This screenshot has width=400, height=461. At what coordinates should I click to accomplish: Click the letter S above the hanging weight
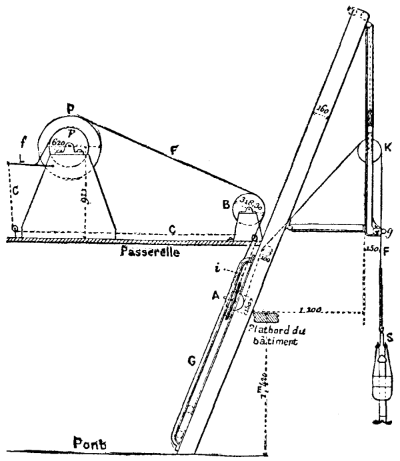click(x=389, y=338)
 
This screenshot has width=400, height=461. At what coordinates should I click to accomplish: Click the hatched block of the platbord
click(x=265, y=312)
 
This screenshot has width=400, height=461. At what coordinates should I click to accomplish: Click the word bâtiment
click(x=271, y=338)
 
